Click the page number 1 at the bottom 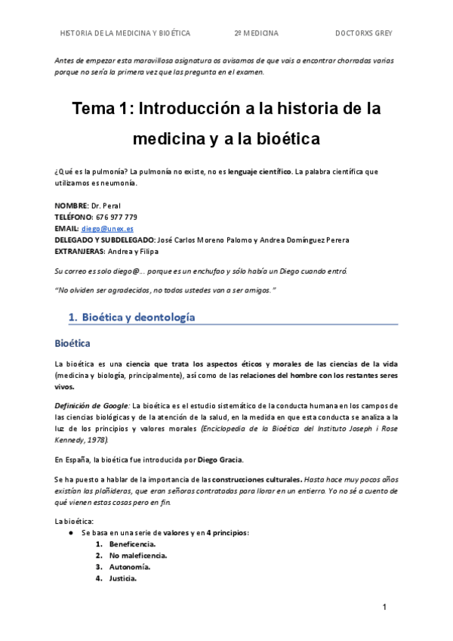coord(384,608)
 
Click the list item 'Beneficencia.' coord(132,544)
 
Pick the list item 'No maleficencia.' coord(137,556)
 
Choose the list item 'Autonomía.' coord(129,567)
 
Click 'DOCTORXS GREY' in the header coord(363,33)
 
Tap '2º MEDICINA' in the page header coord(257,33)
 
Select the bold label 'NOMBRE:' coord(71,206)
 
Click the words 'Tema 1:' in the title coord(102,109)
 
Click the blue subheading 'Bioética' coord(72,343)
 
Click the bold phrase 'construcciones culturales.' coord(257,479)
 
